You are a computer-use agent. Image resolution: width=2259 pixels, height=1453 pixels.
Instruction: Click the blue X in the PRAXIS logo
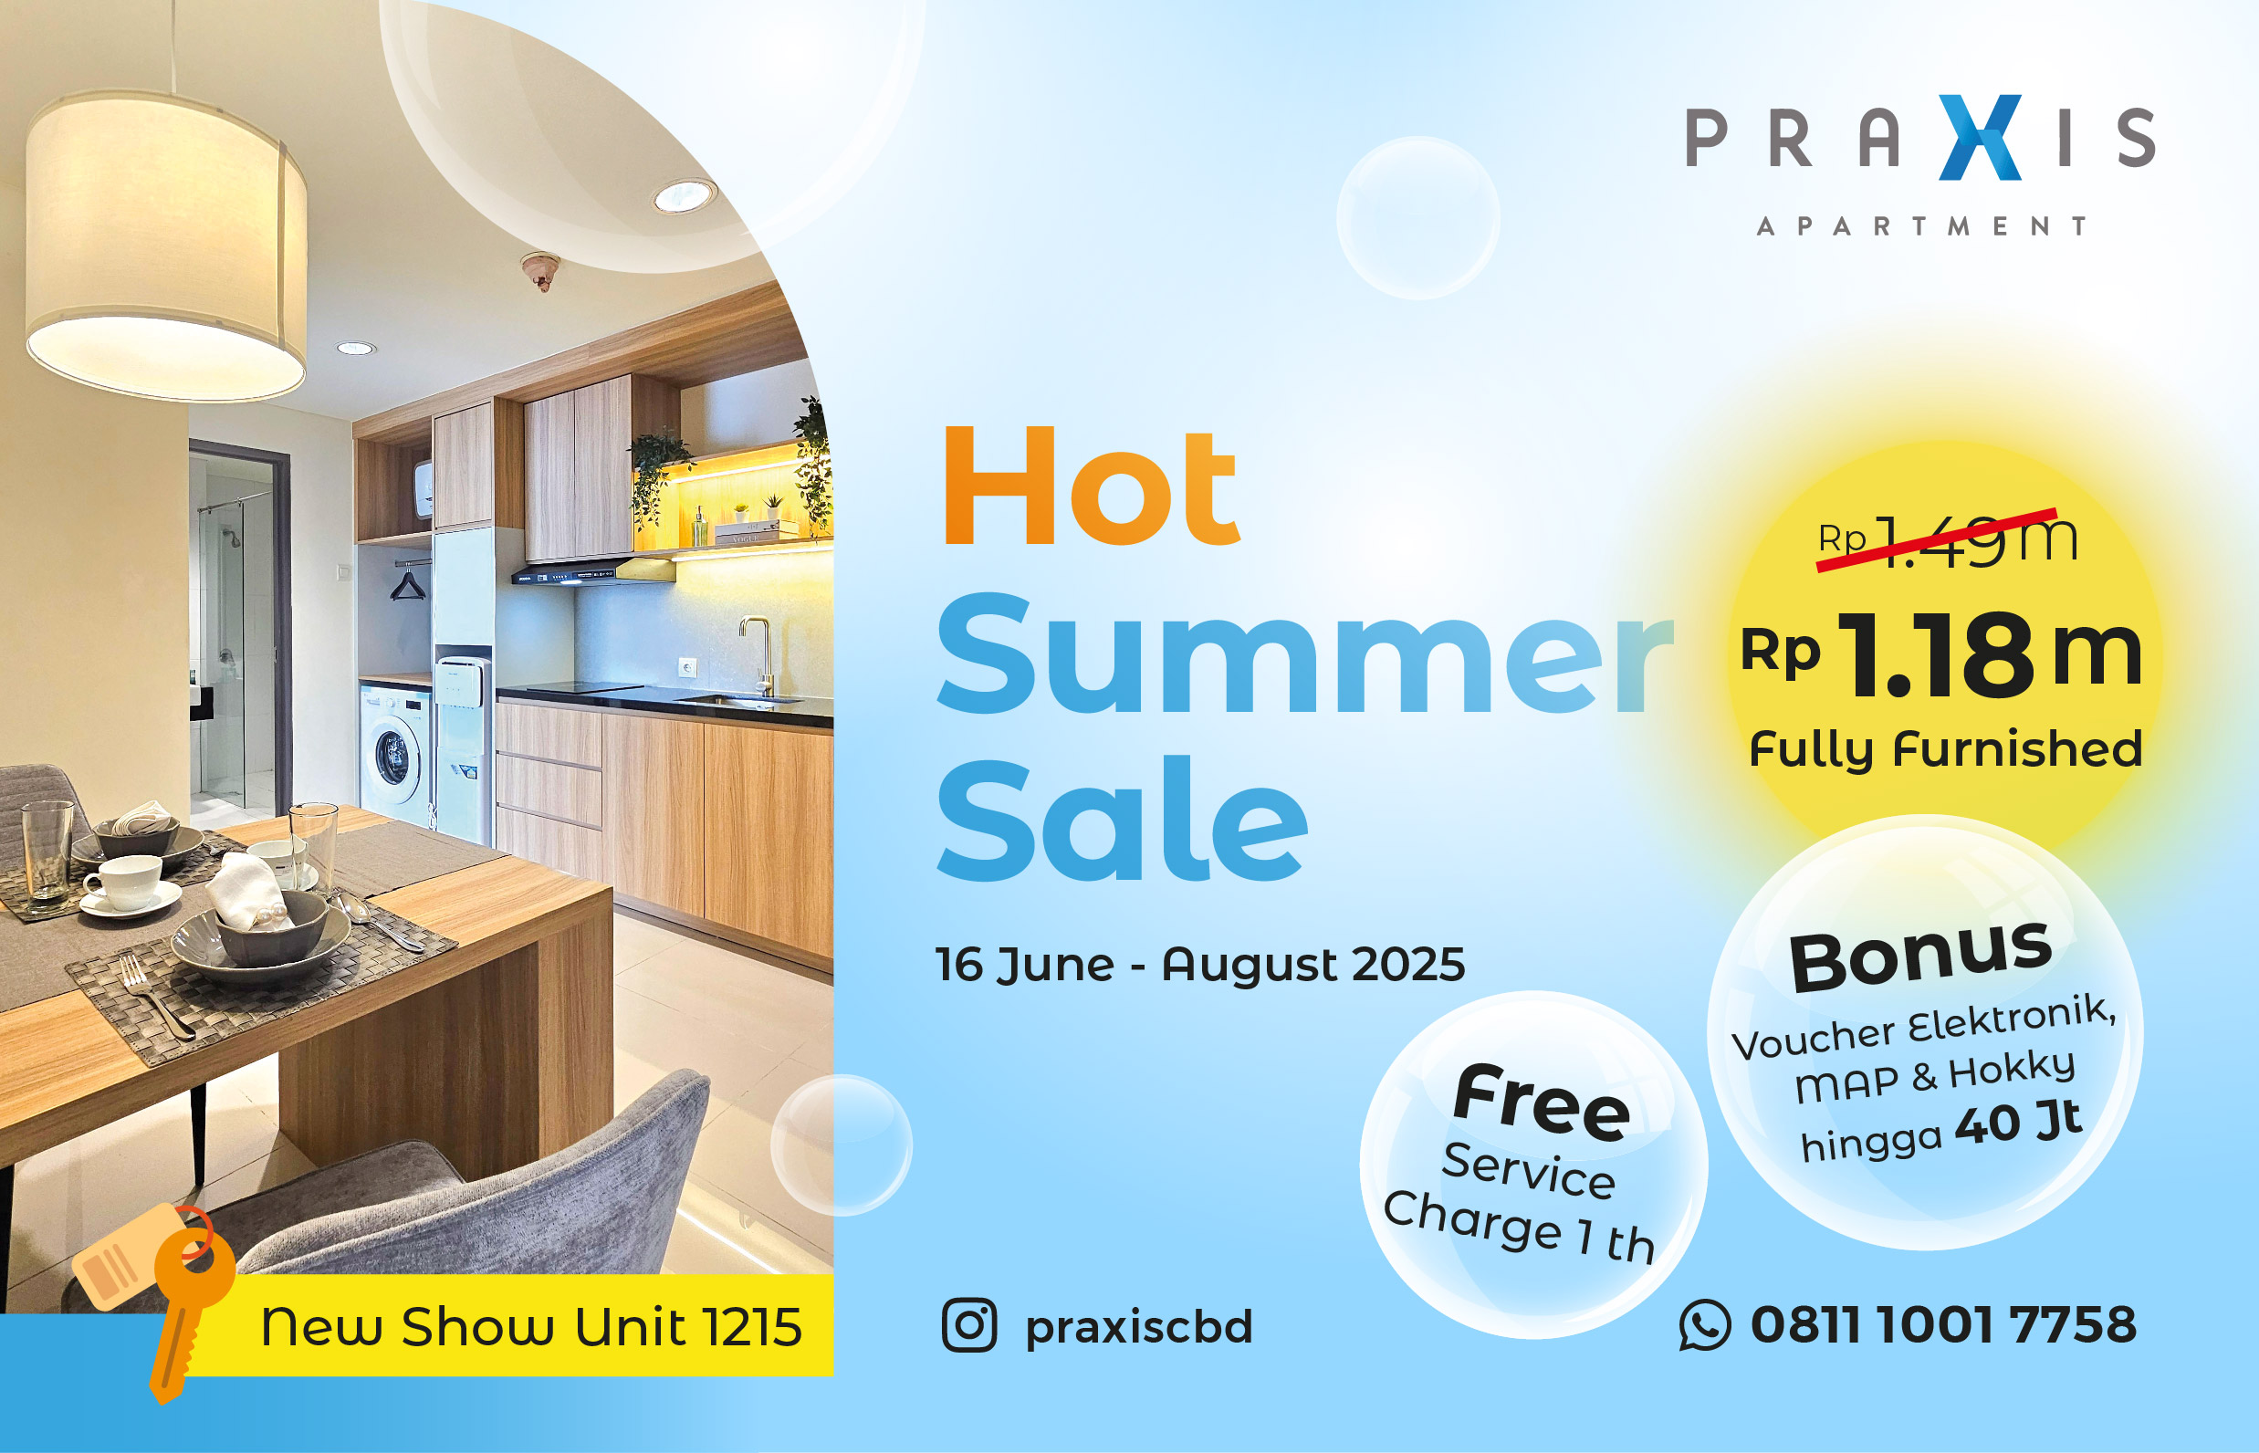point(1980,138)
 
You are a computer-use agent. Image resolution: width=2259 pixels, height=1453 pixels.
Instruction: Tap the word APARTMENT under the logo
point(1921,226)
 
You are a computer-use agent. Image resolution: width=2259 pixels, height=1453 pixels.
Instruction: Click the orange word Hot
point(1090,486)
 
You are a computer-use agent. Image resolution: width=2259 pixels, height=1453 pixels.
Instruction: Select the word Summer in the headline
point(1302,655)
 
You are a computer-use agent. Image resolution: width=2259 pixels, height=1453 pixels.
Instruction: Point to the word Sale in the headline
point(1122,818)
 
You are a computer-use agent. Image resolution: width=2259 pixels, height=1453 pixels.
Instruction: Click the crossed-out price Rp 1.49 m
point(1947,540)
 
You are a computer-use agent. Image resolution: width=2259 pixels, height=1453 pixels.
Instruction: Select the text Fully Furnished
point(1946,750)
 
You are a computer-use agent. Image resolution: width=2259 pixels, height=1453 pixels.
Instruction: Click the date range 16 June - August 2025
point(1199,966)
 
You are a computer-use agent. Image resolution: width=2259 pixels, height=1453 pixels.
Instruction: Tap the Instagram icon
point(969,1324)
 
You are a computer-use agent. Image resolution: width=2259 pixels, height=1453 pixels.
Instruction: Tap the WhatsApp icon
point(1705,1324)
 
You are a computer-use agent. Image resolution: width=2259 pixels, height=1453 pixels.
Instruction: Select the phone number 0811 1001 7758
point(1944,1324)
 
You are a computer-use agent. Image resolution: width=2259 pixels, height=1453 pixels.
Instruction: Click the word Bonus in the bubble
point(1921,956)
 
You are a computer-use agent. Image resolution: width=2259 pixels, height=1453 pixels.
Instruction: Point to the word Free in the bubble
point(1542,1102)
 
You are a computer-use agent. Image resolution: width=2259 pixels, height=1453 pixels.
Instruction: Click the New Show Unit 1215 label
point(531,1326)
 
